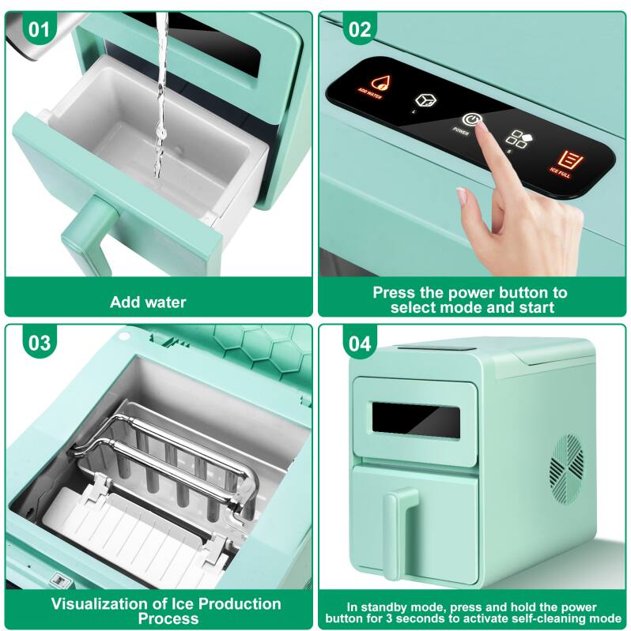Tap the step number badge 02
[x=359, y=29]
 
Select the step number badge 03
[x=39, y=343]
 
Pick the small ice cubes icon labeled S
[x=518, y=139]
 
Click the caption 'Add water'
[x=148, y=302]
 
